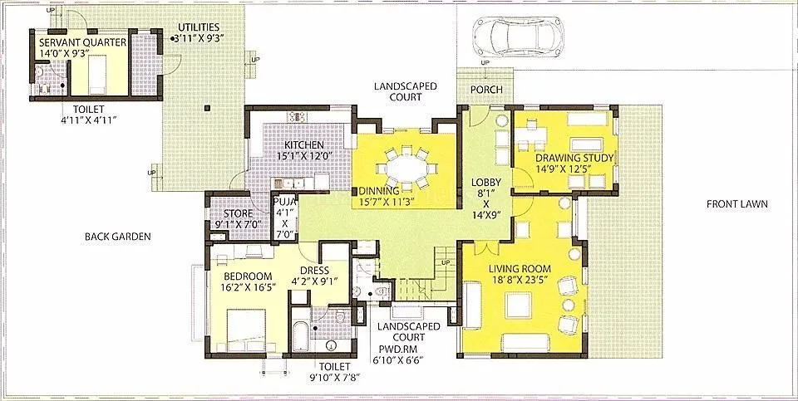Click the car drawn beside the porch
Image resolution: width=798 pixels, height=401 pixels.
pos(506,37)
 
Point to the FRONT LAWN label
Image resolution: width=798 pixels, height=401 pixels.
pos(736,204)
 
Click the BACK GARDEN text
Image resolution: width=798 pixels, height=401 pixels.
pos(117,237)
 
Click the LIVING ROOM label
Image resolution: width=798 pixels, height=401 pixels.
pos(520,267)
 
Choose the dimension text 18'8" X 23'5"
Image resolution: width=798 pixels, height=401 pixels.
pos(520,280)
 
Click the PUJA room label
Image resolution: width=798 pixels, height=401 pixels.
pos(284,200)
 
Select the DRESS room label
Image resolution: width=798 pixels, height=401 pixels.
pos(314,270)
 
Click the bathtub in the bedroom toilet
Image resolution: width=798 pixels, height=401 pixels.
pos(299,334)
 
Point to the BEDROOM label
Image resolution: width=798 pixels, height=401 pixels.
pos(248,276)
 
